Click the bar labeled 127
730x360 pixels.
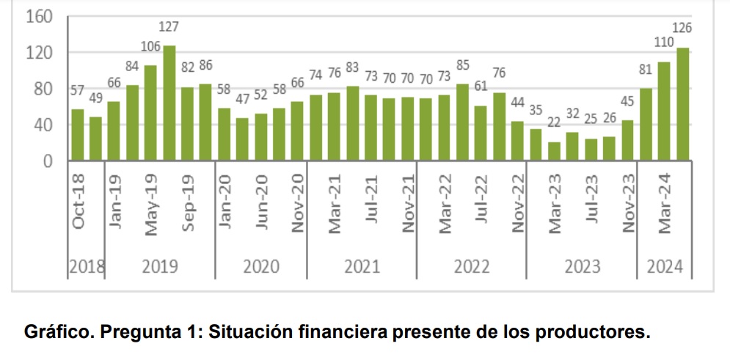[x=169, y=103]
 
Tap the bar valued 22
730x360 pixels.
[x=554, y=151]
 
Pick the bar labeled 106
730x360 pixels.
[x=150, y=113]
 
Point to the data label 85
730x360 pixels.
[x=462, y=66]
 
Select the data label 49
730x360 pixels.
[x=95, y=98]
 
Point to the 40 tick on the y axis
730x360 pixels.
[x=43, y=125]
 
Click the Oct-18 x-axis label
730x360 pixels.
[x=79, y=202]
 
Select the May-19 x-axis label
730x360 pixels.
[x=152, y=205]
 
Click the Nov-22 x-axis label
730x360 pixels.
[x=518, y=203]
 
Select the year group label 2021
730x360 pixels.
[x=362, y=267]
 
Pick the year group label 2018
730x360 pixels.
[x=87, y=267]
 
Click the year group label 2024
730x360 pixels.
[x=664, y=267]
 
